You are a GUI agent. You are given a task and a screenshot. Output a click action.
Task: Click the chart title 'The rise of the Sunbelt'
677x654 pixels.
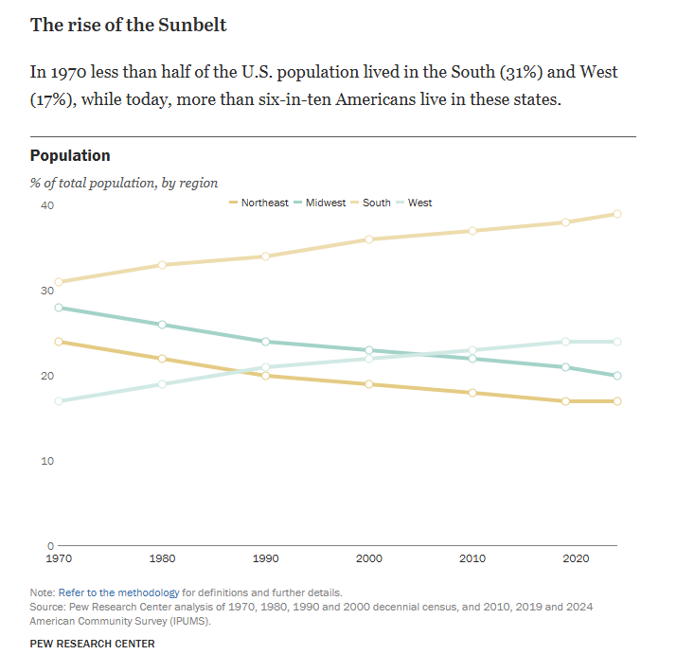129,25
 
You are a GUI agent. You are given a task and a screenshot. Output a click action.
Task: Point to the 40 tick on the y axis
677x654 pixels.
46,205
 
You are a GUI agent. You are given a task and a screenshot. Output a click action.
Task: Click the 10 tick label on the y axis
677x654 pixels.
46,461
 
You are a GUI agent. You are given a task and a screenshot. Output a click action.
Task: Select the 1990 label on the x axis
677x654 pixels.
266,559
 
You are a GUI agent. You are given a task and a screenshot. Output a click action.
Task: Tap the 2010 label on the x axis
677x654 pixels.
472,559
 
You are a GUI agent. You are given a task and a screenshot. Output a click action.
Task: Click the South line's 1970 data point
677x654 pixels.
59,282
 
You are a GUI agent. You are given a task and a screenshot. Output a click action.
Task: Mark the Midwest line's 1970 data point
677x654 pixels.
59,308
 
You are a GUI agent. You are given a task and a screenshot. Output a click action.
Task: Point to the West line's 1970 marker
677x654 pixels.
59,401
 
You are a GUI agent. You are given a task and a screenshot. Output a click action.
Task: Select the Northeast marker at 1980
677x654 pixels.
162,359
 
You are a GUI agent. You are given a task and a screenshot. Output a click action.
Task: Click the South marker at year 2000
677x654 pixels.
368,239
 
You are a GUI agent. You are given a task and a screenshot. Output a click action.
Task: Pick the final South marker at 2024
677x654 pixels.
616,214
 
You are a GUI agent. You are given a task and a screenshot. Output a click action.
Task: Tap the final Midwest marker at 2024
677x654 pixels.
616,376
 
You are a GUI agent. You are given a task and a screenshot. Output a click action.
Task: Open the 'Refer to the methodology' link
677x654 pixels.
118,592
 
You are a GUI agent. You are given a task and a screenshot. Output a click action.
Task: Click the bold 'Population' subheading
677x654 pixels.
70,156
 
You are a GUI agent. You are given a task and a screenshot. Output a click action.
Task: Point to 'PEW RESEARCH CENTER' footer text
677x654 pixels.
92,644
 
